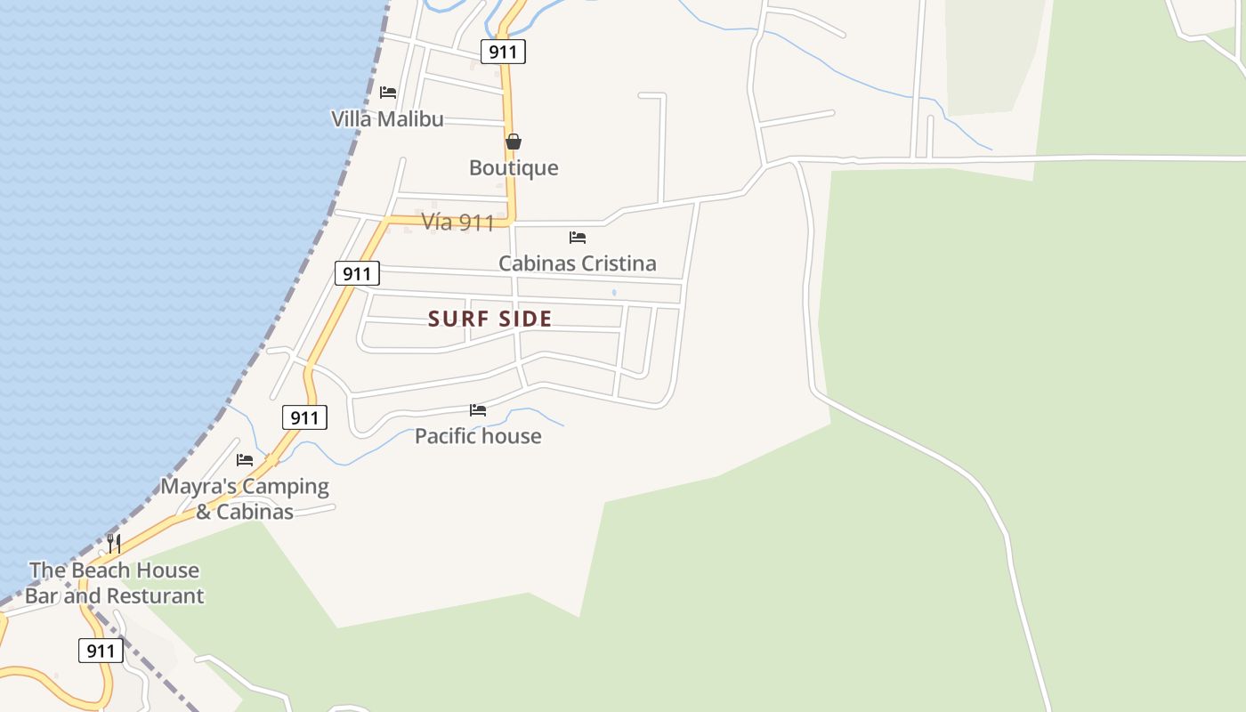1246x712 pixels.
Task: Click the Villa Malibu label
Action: point(387,119)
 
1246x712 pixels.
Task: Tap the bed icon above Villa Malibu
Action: point(388,92)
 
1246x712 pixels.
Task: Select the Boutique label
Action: point(514,167)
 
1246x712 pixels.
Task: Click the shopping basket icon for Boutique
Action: point(514,142)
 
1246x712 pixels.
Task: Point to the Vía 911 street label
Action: point(457,222)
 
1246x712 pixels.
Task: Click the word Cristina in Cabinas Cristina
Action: point(615,263)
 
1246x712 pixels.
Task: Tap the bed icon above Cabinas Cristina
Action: point(578,238)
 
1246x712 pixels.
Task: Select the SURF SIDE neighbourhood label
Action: point(490,319)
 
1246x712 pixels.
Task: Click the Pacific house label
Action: point(478,436)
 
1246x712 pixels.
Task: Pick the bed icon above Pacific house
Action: point(478,410)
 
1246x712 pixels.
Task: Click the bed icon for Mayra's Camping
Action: point(245,460)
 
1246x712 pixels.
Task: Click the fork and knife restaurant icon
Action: point(114,543)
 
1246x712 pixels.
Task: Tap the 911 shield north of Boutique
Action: point(503,52)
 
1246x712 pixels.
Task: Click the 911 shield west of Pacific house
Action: point(304,417)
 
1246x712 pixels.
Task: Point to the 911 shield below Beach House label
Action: point(101,651)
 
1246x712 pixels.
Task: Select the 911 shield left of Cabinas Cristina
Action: point(357,273)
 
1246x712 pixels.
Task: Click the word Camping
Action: point(286,487)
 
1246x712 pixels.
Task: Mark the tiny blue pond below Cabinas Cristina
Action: point(614,292)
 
